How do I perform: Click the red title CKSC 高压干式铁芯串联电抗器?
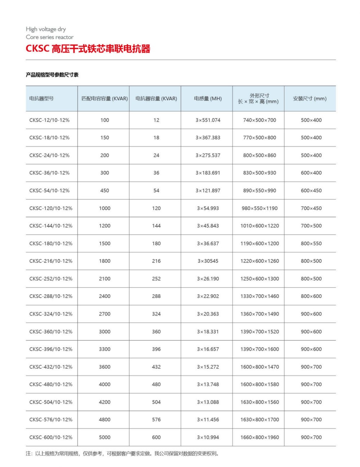(88, 49)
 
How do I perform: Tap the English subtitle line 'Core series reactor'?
(50, 37)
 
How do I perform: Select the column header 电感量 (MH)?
(208, 98)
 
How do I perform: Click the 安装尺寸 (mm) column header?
(310, 98)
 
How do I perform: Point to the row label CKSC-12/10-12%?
(49, 120)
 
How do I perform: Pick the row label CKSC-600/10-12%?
(51, 437)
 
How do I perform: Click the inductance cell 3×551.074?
(208, 120)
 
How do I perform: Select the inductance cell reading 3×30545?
(208, 261)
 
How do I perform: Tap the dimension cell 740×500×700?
(260, 120)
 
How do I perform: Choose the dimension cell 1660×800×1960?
(260, 437)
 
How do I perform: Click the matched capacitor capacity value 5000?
(105, 437)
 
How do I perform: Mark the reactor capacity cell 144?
(156, 226)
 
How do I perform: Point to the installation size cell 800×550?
(311, 244)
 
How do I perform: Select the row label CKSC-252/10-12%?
(51, 278)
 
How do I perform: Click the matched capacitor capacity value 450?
(105, 191)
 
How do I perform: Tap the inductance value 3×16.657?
(208, 349)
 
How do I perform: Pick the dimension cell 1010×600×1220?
(260, 226)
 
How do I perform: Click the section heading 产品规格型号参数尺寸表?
(52, 75)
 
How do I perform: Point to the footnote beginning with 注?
(122, 453)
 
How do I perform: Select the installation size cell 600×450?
(311, 191)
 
